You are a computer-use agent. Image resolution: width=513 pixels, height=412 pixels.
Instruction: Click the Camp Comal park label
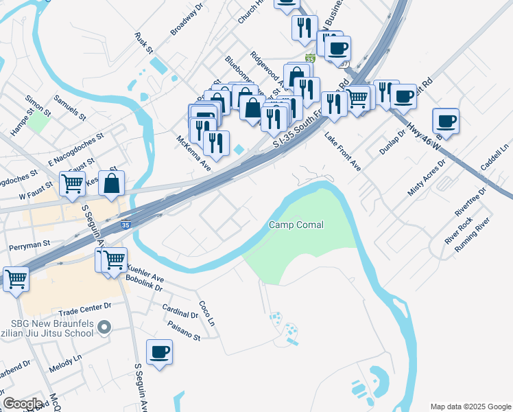click(296, 225)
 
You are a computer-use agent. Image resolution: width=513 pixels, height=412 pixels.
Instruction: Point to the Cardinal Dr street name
click(180, 310)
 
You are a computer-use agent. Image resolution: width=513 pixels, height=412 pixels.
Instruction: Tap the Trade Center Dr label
click(84, 306)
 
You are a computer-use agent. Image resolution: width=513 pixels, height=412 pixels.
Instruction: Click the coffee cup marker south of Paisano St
click(160, 352)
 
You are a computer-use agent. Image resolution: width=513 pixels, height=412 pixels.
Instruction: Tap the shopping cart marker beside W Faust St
click(72, 183)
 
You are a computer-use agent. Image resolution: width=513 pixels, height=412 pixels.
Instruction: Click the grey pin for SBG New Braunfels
click(104, 328)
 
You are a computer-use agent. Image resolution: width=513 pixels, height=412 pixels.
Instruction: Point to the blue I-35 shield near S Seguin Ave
click(124, 225)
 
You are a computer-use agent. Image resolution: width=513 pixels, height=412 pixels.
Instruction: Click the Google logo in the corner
click(23, 404)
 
